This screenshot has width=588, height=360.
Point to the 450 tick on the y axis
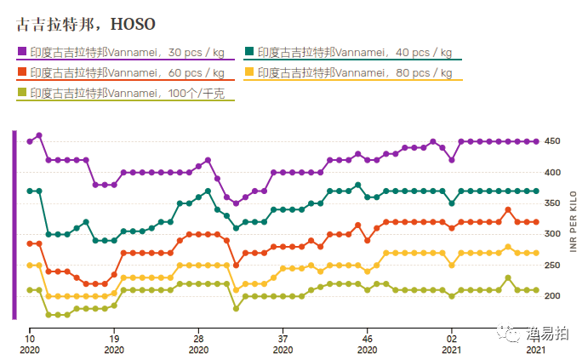pos(552,141)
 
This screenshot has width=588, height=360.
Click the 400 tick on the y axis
pos(552,173)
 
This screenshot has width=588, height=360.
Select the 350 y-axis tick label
pos(552,203)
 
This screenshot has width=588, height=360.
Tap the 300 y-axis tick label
pos(552,234)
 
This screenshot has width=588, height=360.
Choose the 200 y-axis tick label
pos(552,296)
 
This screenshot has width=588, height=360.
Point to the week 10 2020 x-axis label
pos(30,343)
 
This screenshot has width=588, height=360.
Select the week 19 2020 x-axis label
pos(114,343)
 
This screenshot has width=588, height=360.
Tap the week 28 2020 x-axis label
pos(198,343)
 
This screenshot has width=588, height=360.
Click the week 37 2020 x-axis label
pos(283,343)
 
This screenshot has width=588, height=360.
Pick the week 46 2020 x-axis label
pos(367,343)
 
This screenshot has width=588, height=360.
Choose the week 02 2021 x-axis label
pos(451,343)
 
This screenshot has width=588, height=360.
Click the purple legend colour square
pos(22,52)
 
